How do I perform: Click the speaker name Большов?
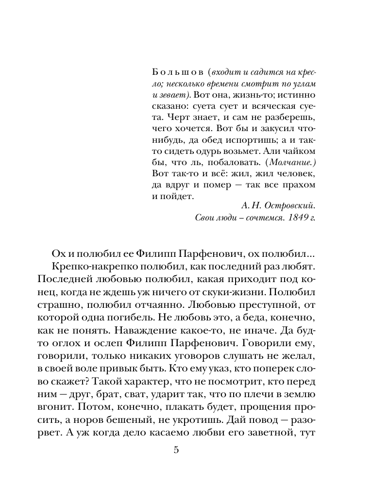(171, 72)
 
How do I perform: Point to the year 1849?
(297, 218)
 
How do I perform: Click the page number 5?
(176, 451)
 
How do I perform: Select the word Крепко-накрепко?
(85, 268)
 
